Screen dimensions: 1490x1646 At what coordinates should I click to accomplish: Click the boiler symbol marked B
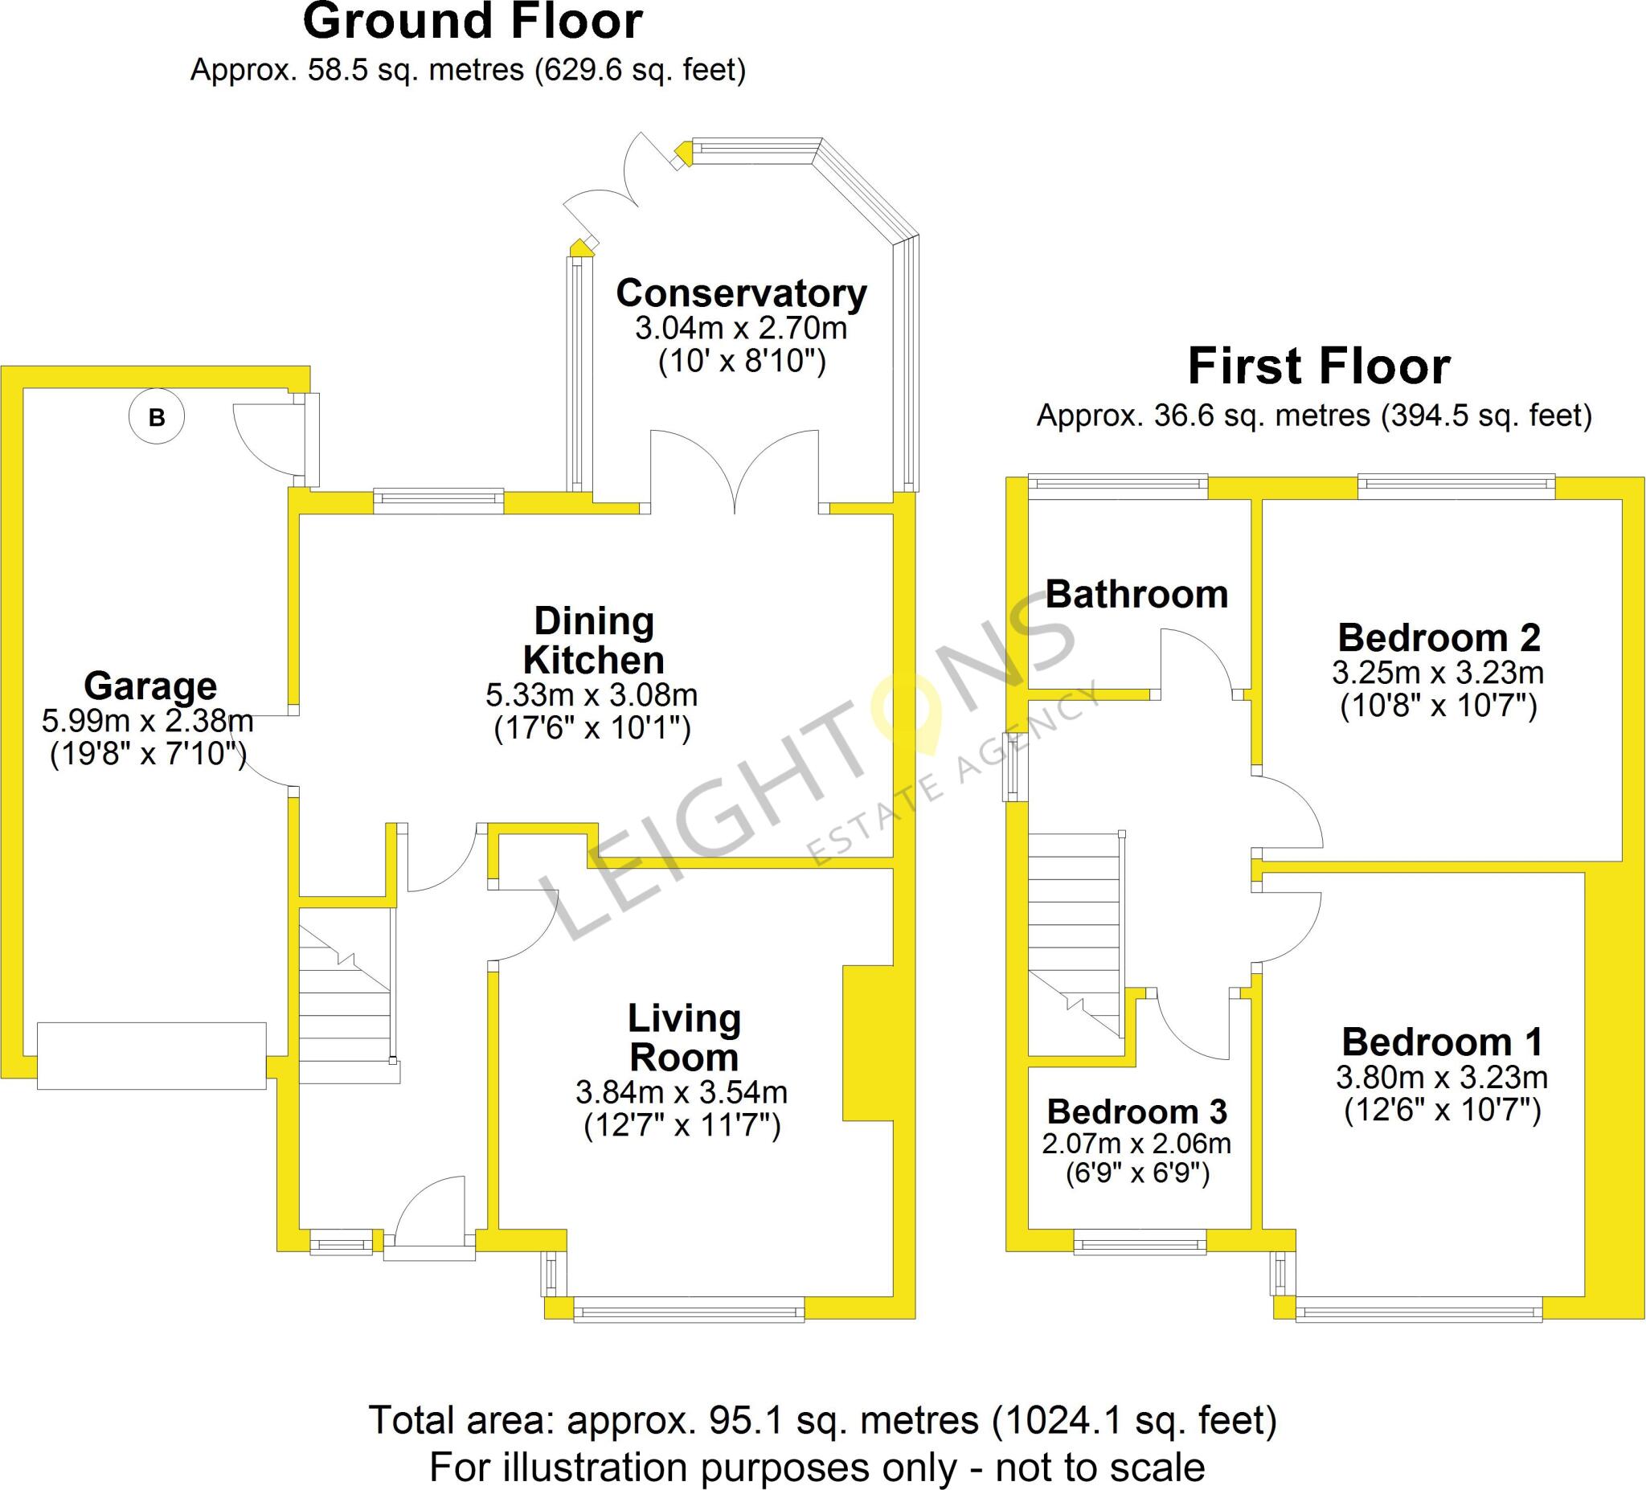[x=157, y=417]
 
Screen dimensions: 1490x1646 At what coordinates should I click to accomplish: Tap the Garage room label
[x=150, y=686]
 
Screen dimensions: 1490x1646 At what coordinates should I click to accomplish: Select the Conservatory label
[x=741, y=293]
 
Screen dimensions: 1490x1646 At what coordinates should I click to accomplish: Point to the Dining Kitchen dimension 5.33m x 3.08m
[x=592, y=696]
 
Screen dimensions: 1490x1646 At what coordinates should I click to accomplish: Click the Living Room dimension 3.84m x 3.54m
[x=682, y=1091]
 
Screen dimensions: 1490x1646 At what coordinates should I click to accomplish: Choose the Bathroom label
[x=1136, y=595]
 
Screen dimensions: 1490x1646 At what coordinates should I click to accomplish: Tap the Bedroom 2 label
[x=1439, y=637]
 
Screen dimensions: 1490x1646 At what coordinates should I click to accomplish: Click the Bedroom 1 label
[x=1442, y=1042]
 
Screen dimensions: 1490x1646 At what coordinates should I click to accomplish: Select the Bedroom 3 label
[x=1136, y=1112]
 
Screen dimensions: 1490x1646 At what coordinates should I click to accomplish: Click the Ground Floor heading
[x=473, y=22]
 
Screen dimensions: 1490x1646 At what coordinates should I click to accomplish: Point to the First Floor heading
[x=1319, y=366]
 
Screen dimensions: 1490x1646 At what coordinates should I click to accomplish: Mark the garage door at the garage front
[x=152, y=1056]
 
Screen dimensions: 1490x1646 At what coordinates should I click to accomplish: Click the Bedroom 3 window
[x=1139, y=1246]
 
